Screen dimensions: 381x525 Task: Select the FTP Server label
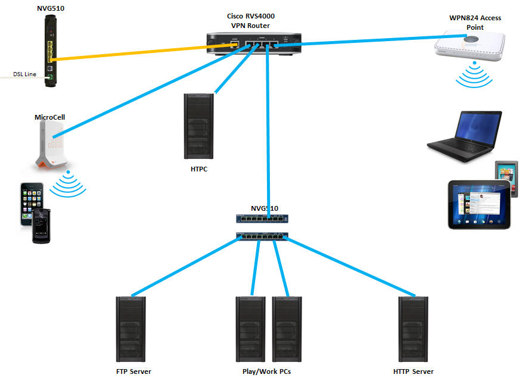pos(133,371)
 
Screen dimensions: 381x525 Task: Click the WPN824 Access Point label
pos(475,23)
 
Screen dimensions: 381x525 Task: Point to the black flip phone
pos(41,227)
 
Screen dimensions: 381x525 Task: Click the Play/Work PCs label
pos(263,371)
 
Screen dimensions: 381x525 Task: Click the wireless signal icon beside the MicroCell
pos(69,185)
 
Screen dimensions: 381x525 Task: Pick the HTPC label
pos(199,169)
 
